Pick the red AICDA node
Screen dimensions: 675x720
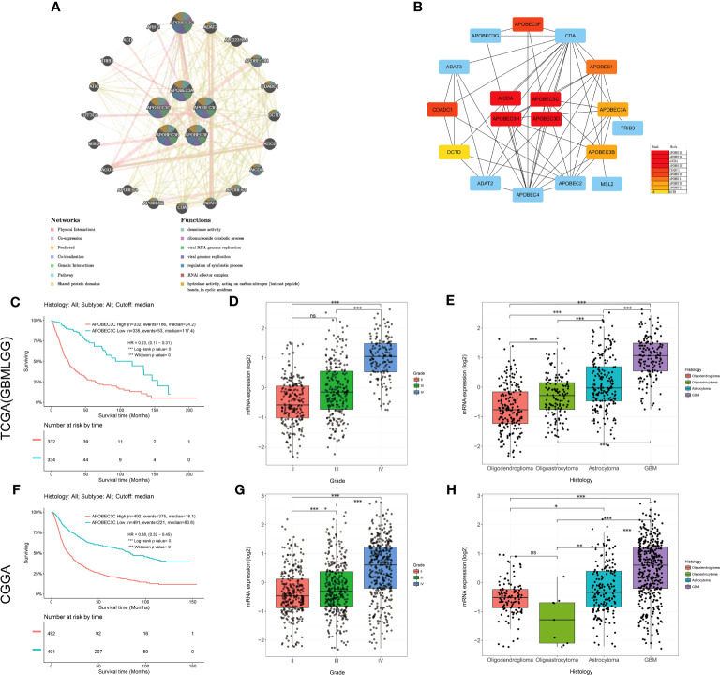(x=505, y=98)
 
